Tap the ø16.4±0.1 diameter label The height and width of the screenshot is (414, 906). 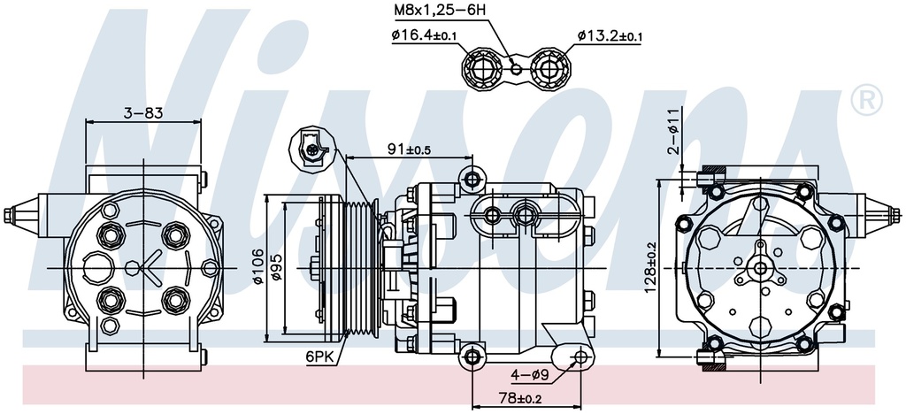point(424,35)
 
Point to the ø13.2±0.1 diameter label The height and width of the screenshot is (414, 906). point(610,35)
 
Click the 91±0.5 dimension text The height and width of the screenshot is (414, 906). point(408,149)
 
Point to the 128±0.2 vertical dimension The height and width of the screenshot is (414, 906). point(650,267)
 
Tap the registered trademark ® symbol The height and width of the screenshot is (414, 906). point(864,100)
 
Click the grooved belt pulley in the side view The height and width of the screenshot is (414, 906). point(361,267)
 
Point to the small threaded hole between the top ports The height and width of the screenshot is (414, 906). point(515,65)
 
